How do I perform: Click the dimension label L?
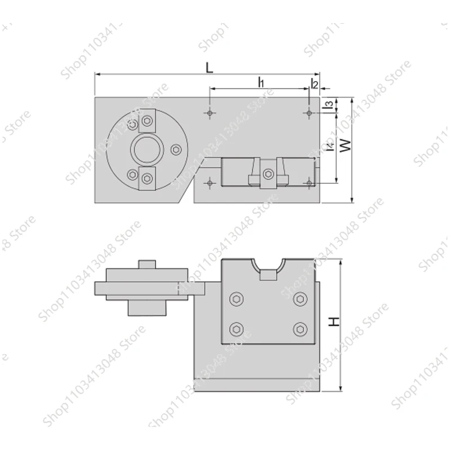point(209,68)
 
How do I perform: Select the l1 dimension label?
point(261,82)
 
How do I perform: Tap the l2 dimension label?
point(315,85)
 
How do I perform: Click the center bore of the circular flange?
point(147,149)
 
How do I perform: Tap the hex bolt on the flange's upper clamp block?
point(147,120)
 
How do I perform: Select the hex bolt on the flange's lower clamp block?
point(147,179)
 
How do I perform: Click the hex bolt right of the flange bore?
point(176,149)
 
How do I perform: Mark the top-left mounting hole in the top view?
point(210,113)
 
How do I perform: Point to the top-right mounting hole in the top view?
point(309,113)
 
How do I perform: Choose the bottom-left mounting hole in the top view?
point(210,183)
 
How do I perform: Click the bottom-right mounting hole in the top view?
point(309,183)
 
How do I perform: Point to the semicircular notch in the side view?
point(268,263)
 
